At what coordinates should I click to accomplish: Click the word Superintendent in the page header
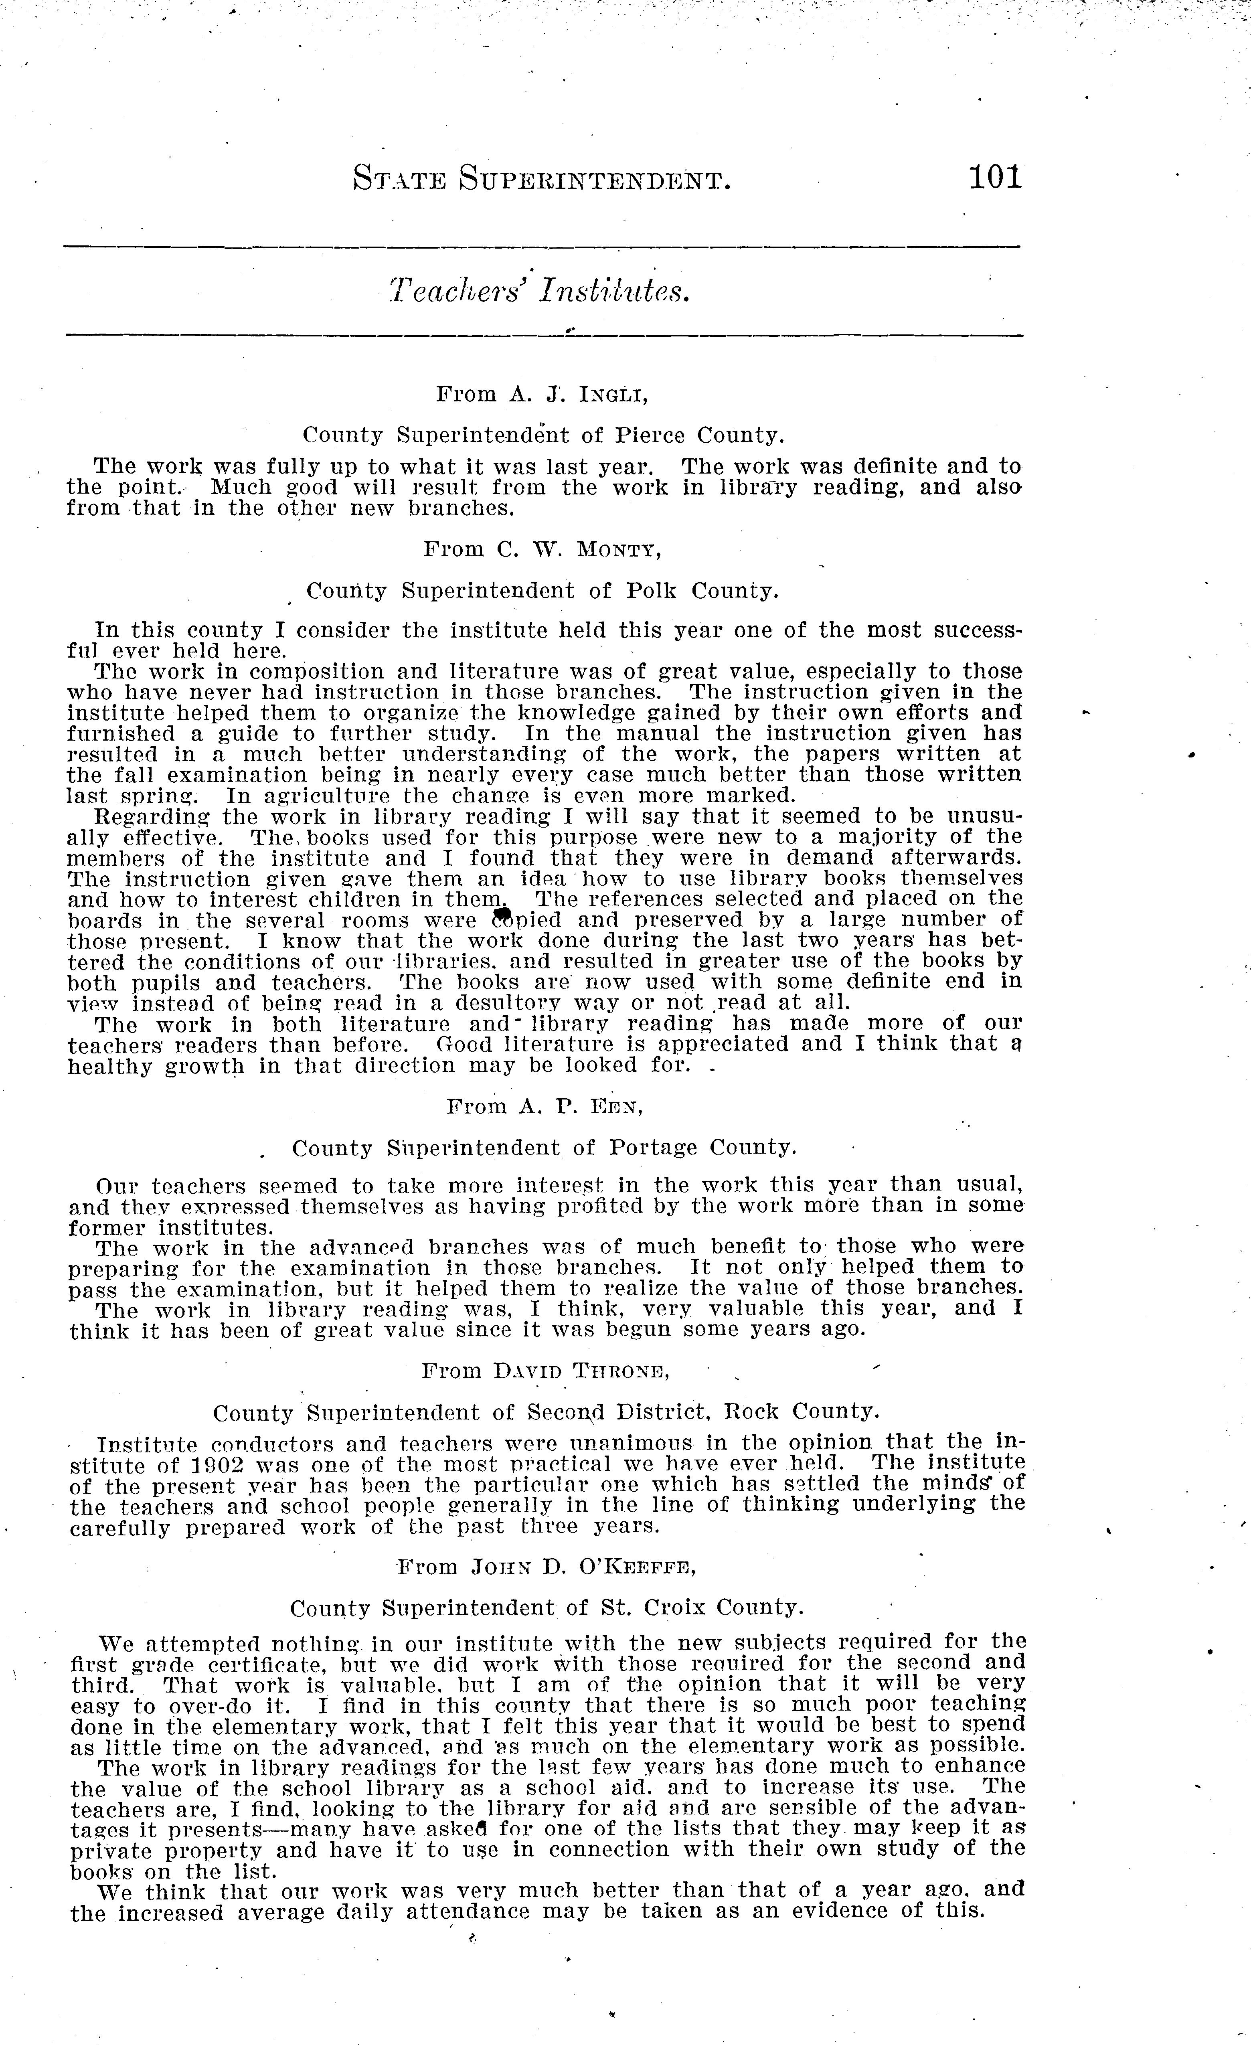tap(596, 178)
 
